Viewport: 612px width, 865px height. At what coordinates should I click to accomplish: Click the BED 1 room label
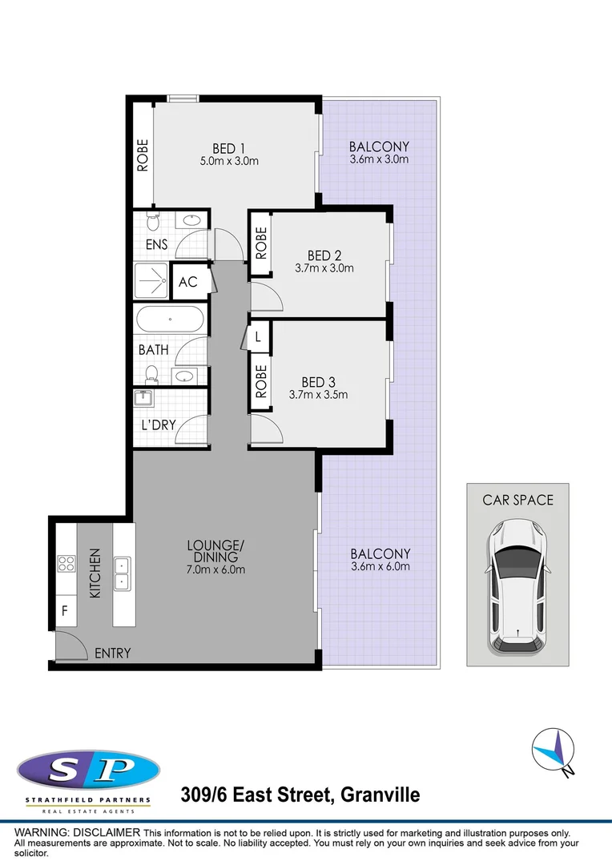230,148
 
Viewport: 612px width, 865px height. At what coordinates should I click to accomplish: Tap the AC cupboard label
188,282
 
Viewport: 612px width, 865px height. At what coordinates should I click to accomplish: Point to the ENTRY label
112,654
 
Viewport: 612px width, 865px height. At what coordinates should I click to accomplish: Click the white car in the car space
518,584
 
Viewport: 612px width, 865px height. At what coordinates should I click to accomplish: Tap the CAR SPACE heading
517,500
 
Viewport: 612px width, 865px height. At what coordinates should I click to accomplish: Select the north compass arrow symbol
553,750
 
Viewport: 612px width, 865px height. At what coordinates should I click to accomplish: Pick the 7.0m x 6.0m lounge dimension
215,570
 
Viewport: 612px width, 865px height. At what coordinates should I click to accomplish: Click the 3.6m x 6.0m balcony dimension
380,566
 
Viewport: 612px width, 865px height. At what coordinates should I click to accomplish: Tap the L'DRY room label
158,424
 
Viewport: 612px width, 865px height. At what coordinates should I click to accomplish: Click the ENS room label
156,246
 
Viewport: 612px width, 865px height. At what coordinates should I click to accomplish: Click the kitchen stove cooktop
66,564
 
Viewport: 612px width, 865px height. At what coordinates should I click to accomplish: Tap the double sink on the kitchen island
123,573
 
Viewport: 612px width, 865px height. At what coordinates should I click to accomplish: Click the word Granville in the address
380,795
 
